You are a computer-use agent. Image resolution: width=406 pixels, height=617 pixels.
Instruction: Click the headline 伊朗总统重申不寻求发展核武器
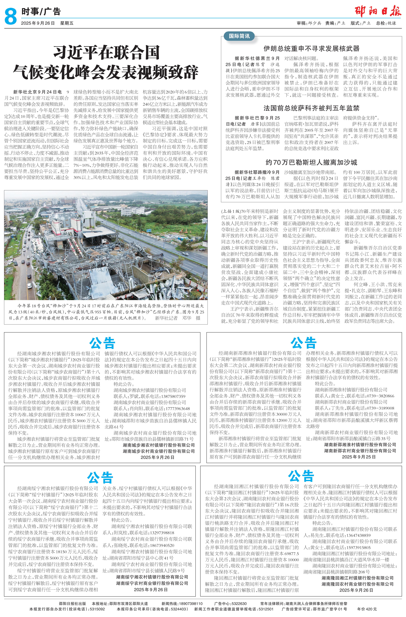311,48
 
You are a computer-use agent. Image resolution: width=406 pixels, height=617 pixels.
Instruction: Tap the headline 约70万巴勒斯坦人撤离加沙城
311,162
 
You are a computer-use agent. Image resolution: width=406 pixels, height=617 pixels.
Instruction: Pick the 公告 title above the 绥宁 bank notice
100,478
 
